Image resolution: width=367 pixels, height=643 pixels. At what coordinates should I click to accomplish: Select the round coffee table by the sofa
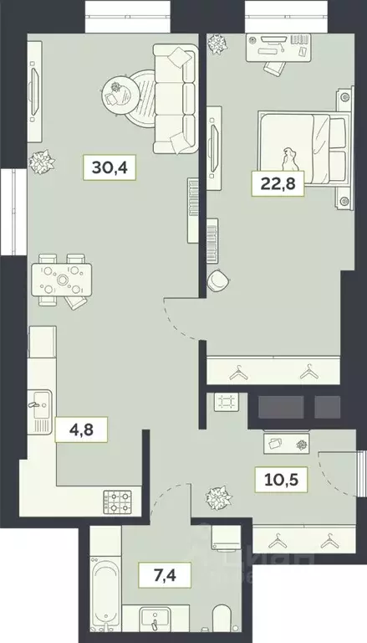[119, 89]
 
